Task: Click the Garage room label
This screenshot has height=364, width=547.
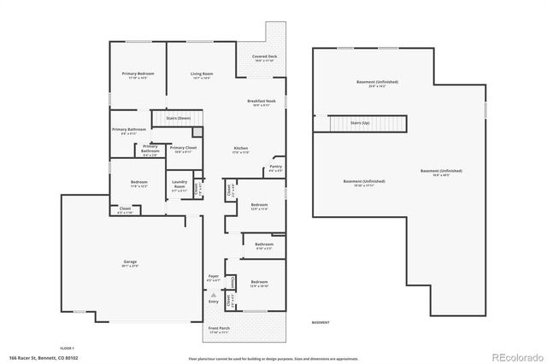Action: (x=130, y=263)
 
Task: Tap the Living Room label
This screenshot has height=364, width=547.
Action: (x=202, y=75)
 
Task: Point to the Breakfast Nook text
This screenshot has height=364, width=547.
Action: (x=262, y=101)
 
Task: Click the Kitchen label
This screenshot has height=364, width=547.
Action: (x=241, y=149)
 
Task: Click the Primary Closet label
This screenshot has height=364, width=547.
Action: (x=183, y=149)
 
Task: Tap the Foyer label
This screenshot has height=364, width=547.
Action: (x=214, y=276)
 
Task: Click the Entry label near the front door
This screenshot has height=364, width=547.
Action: (x=214, y=302)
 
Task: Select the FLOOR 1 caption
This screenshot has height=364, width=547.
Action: (x=68, y=348)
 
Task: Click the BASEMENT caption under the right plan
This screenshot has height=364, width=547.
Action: (x=321, y=323)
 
